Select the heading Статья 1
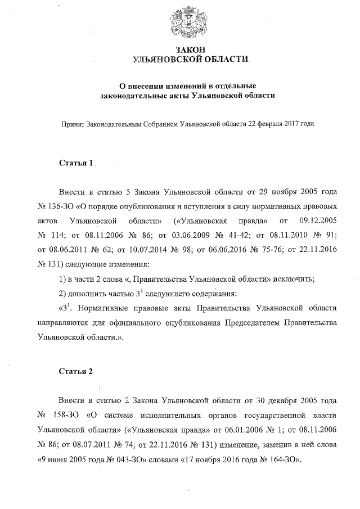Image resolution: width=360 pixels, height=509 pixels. click(76, 163)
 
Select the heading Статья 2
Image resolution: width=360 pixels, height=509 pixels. click(76, 372)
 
